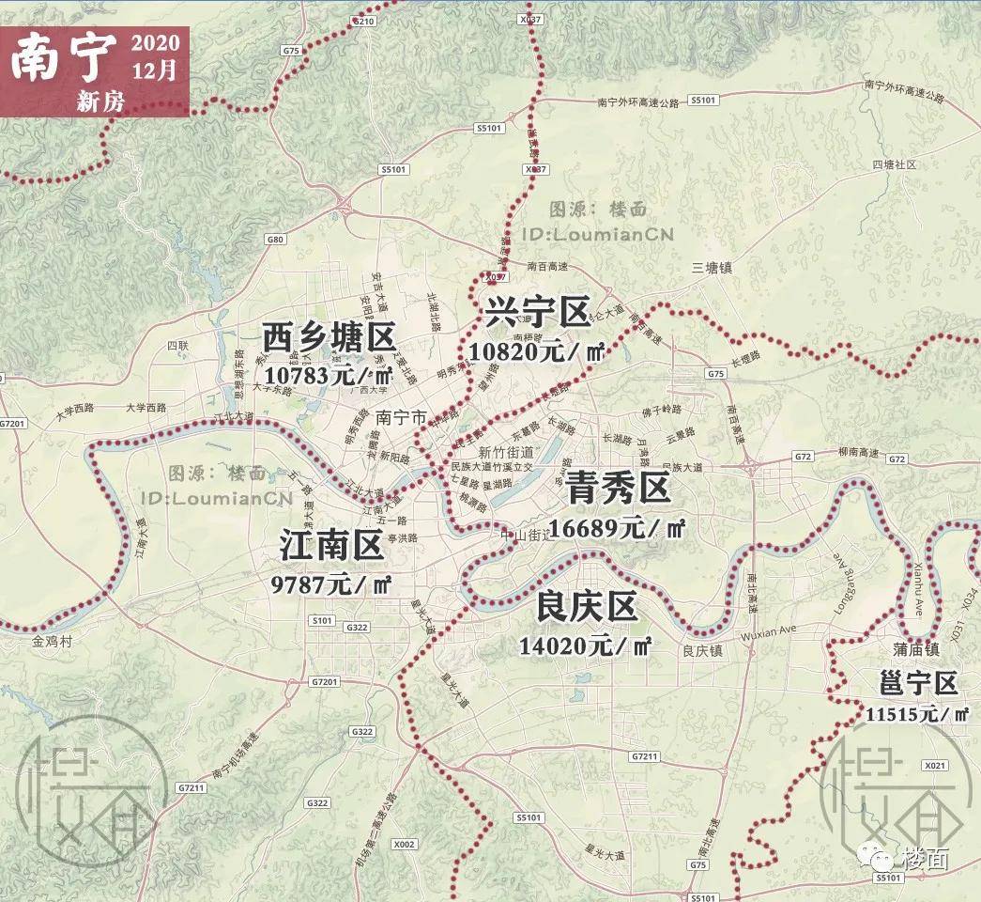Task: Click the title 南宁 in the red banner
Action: pyautogui.click(x=64, y=58)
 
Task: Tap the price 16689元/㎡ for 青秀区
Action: pyautogui.click(x=618, y=528)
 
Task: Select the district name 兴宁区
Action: pyautogui.click(x=537, y=313)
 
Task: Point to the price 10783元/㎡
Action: pyautogui.click(x=329, y=374)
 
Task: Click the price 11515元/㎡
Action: pyautogui.click(x=917, y=715)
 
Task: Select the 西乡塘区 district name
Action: pyautogui.click(x=329, y=338)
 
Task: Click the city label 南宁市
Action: pyautogui.click(x=401, y=416)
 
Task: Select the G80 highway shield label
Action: pyautogui.click(x=275, y=240)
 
